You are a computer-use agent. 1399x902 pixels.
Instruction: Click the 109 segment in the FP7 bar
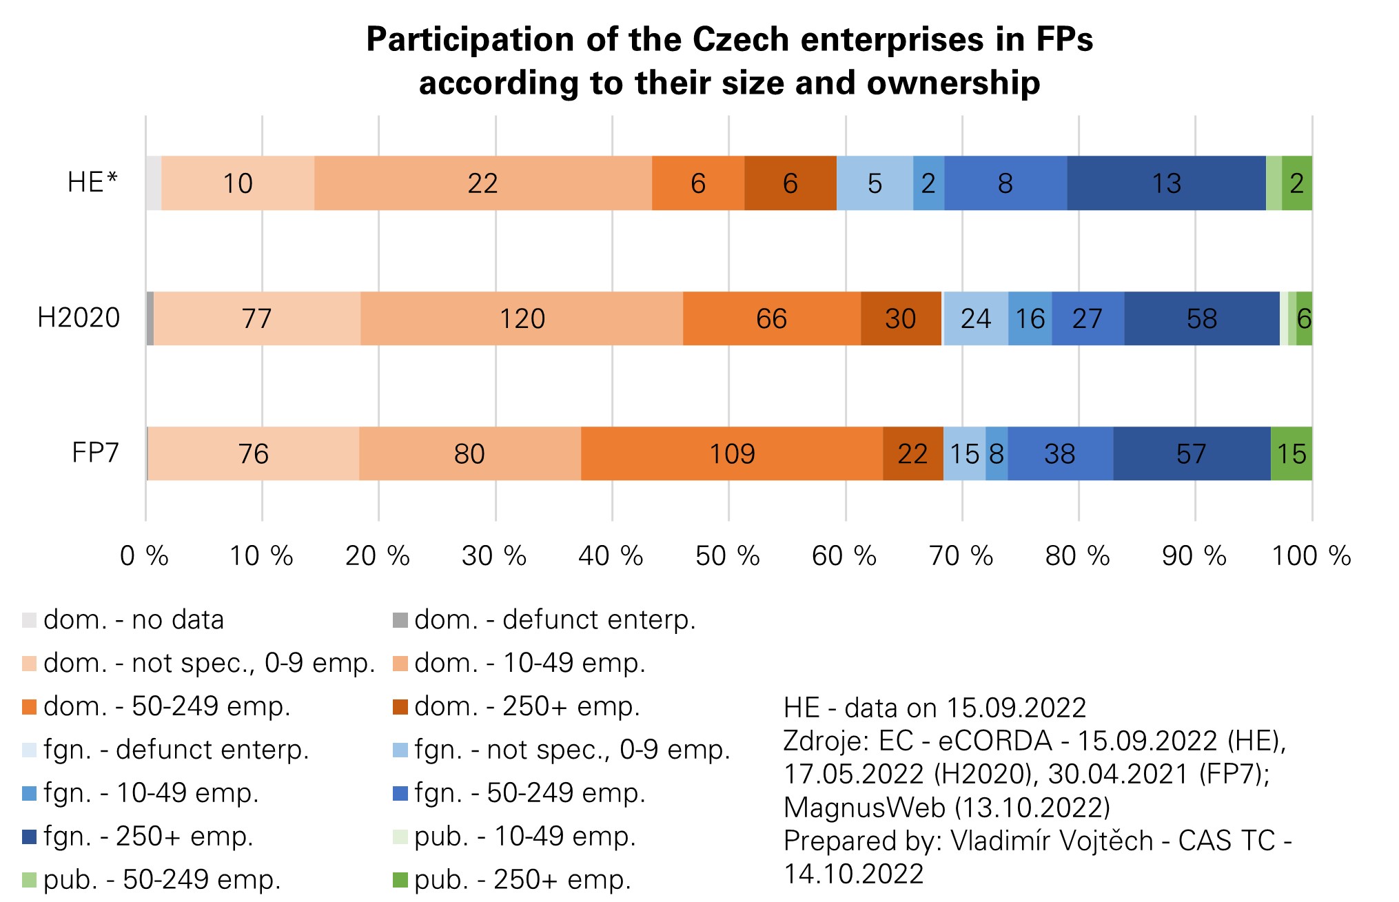coord(732,453)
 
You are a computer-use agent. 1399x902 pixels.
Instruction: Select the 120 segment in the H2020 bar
coord(522,318)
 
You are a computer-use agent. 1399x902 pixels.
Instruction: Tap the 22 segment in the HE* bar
coord(482,183)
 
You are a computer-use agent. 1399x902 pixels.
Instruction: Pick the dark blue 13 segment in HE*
coord(1166,183)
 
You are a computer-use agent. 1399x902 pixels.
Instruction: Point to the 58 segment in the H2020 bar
coord(1201,318)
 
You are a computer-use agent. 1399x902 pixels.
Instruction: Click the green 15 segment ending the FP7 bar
coord(1291,453)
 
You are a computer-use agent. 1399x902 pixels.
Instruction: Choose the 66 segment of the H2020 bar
coord(771,318)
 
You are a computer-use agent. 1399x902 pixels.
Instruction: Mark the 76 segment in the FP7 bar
coord(253,453)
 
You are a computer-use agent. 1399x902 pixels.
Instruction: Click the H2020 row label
coord(79,318)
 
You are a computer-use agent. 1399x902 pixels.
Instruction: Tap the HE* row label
coord(92,183)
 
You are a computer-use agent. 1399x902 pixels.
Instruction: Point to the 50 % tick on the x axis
coord(727,555)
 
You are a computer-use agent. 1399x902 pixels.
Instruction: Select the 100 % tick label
coord(1311,555)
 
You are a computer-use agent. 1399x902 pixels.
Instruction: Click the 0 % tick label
coord(144,555)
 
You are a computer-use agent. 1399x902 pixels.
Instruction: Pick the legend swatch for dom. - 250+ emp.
coord(400,707)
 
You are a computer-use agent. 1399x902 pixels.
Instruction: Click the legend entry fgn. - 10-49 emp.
coord(151,793)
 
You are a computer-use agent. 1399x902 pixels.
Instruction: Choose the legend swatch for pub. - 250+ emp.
coord(400,880)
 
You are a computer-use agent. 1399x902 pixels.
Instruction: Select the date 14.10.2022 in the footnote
coord(853,874)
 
